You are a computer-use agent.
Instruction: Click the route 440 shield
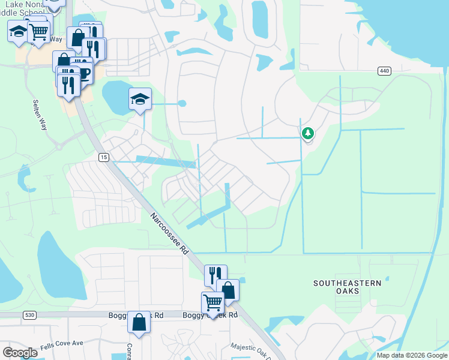[x=385, y=71]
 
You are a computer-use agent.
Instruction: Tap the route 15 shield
[x=103, y=157]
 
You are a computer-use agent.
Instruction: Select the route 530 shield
[x=29, y=314]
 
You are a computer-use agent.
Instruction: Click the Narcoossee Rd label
[x=170, y=234]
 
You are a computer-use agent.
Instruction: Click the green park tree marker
[x=308, y=133]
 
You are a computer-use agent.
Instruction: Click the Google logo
[x=20, y=353]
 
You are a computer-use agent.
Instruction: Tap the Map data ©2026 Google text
[x=412, y=355]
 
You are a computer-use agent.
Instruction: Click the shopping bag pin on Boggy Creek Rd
[x=139, y=323]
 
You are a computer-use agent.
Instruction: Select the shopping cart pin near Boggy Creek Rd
[x=212, y=302]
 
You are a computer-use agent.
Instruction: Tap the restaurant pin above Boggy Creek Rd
[x=215, y=275]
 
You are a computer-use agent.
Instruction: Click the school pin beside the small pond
[x=140, y=99]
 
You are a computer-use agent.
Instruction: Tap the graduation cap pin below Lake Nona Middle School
[x=19, y=31]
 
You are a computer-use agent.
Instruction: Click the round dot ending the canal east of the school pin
[x=182, y=104]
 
